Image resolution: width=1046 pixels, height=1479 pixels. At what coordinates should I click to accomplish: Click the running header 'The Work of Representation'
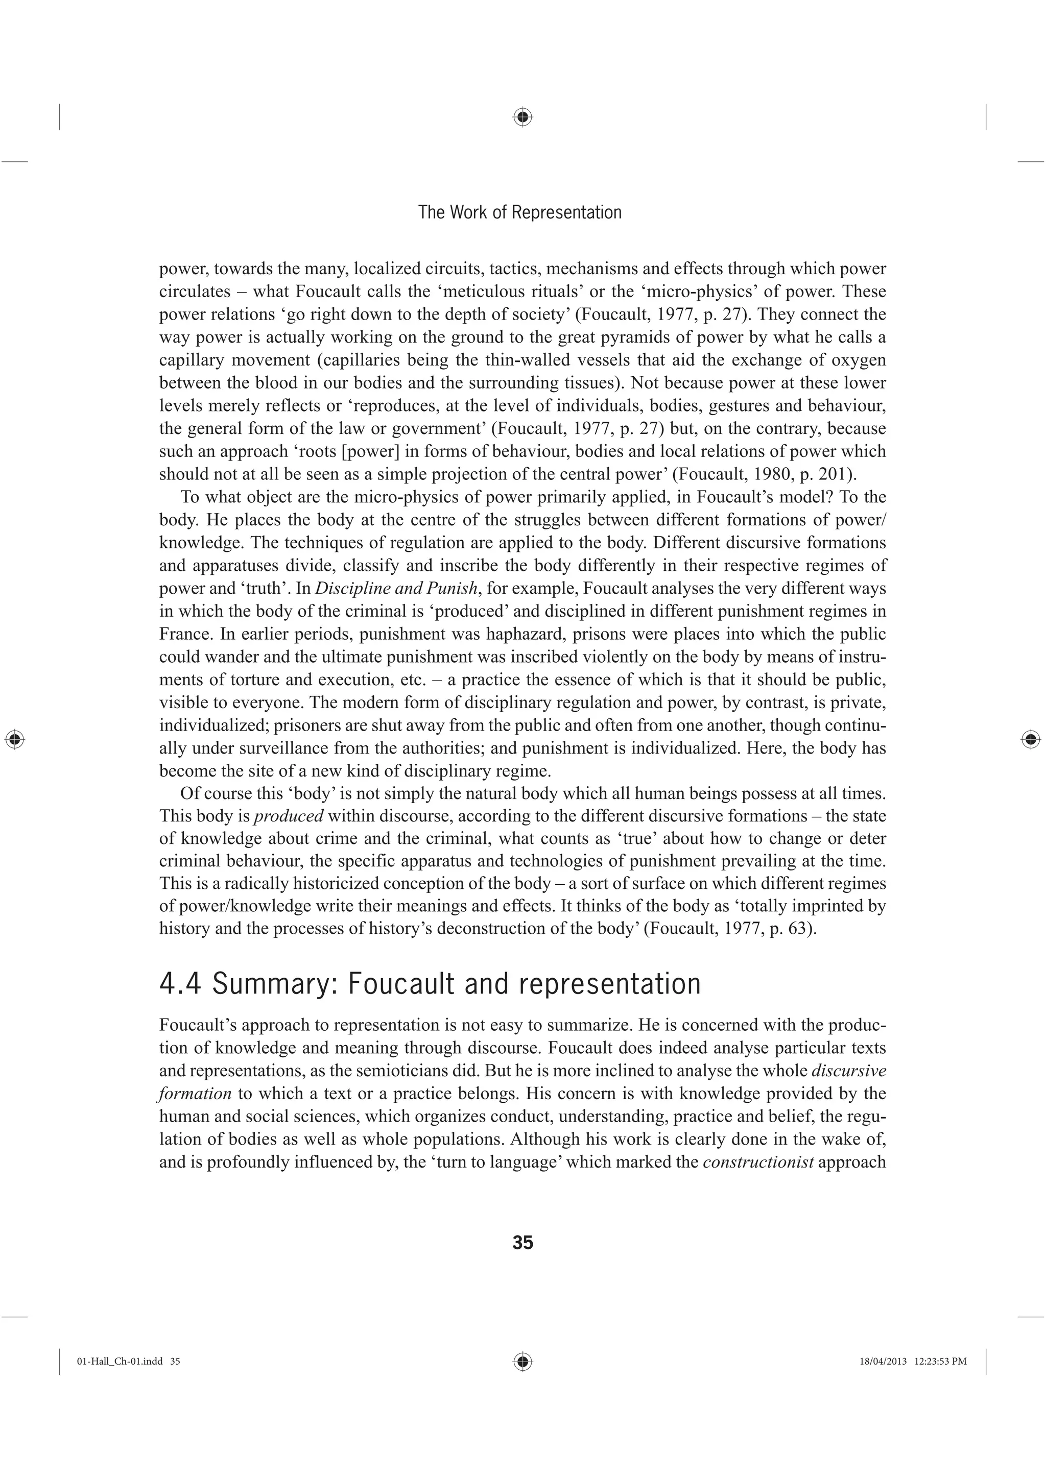(x=519, y=212)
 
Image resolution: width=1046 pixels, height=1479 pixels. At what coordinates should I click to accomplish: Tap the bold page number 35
(x=522, y=1243)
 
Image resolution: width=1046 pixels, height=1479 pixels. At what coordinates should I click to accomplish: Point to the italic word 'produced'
(x=289, y=816)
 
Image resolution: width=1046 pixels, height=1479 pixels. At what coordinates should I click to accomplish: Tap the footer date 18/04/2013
(x=883, y=1361)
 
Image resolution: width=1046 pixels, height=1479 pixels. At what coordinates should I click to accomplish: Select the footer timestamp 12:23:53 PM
(x=940, y=1361)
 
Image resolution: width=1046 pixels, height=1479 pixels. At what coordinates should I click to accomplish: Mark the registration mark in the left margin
(x=14, y=739)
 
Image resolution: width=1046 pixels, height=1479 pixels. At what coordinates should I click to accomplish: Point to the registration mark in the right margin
(x=1031, y=739)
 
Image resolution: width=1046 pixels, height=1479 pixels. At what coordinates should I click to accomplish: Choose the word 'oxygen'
(x=861, y=360)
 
